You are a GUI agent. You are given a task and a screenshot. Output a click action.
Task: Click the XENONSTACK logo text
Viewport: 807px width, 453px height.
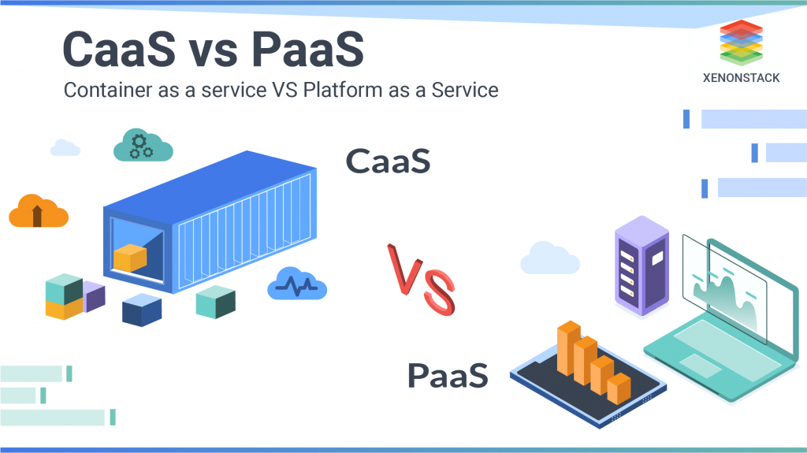point(741,78)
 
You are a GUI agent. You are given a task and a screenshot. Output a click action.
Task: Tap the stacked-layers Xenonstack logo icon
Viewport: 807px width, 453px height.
point(741,43)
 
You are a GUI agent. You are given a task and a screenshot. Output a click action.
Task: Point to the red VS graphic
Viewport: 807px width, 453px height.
point(421,279)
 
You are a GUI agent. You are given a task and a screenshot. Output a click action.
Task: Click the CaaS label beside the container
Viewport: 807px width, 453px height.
point(388,162)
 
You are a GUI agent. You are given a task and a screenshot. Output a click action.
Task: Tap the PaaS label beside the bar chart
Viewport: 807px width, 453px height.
point(448,375)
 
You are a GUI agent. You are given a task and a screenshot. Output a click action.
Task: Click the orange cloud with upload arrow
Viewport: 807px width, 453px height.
point(39,211)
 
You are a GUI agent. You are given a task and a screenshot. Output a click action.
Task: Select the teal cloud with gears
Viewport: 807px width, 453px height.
point(143,145)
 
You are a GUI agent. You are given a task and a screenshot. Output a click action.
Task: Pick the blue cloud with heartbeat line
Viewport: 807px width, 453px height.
point(297,283)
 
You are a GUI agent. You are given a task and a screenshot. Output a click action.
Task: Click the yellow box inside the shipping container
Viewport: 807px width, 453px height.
point(130,258)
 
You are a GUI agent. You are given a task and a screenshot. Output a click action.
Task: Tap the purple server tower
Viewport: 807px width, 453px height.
point(642,265)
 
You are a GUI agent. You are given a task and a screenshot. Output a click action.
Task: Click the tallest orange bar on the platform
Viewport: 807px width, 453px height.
point(569,348)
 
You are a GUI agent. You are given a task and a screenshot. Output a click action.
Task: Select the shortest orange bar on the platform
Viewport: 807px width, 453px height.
point(619,388)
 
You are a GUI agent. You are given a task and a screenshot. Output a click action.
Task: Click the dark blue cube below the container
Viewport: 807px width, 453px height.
point(142,310)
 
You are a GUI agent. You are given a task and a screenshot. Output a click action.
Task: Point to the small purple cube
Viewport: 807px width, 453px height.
point(95,296)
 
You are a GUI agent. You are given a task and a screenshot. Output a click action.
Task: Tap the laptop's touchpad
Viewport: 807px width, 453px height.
point(701,366)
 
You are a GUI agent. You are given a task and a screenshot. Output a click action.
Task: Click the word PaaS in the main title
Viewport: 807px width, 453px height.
point(307,50)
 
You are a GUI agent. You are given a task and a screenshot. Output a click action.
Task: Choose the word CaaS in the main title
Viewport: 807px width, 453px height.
point(119,50)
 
